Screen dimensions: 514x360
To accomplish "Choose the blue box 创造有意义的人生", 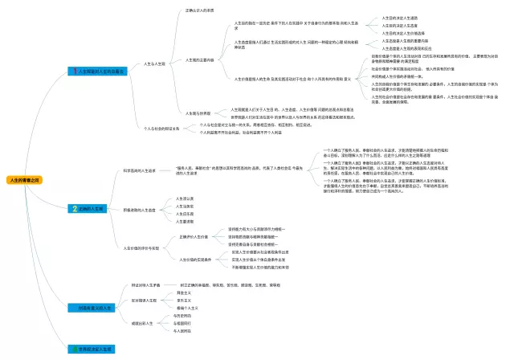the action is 92,308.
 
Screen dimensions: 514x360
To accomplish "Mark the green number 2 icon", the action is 75,208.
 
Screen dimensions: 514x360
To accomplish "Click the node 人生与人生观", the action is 154,63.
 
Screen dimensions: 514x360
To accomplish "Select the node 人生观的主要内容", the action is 200,59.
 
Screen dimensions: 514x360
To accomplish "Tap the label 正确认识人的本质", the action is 200,10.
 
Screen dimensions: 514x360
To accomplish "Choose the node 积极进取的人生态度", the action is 140,209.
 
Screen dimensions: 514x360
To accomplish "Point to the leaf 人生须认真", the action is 185,198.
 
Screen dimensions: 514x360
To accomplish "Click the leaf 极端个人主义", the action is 187,308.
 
